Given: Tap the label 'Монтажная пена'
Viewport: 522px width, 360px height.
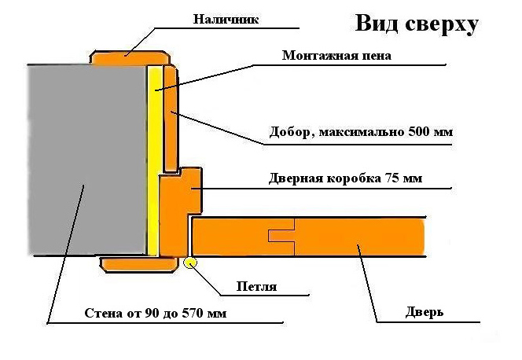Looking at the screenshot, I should pos(336,56).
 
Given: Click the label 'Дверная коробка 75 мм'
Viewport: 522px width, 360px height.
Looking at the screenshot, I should pos(345,178).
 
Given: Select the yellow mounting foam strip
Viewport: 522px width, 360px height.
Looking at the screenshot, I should pos(156,157).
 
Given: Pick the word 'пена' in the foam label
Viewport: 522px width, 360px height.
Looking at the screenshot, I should pos(373,56).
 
